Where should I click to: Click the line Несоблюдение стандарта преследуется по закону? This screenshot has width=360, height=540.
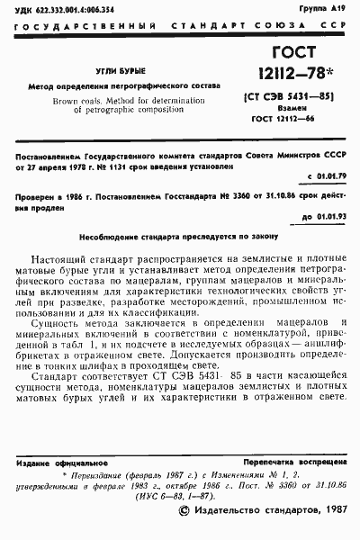point(180,236)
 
